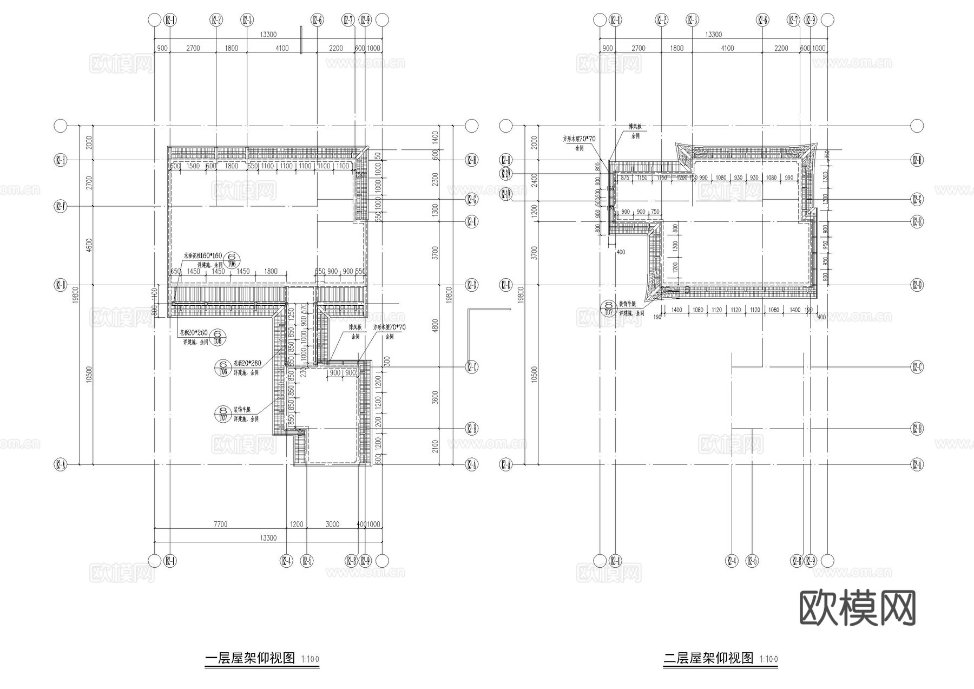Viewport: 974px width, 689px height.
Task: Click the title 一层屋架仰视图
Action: (x=250, y=658)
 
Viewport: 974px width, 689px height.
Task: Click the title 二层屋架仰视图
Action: (x=708, y=658)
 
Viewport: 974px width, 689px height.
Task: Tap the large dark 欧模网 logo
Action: (x=857, y=608)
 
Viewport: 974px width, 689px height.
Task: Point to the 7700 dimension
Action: (x=220, y=524)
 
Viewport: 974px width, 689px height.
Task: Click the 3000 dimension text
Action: (x=332, y=524)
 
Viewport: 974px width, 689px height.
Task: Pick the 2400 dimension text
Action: (x=534, y=180)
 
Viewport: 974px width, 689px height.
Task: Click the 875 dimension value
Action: (x=625, y=178)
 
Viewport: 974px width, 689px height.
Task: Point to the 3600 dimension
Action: (x=436, y=398)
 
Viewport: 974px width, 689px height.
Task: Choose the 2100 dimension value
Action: (x=436, y=447)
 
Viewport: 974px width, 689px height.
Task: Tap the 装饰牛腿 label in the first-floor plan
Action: (x=242, y=409)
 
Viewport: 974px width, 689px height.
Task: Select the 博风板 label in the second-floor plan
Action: (x=635, y=127)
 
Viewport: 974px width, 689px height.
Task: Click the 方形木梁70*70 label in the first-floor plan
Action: (x=389, y=327)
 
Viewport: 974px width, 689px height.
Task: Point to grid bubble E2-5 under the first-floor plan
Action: (x=307, y=561)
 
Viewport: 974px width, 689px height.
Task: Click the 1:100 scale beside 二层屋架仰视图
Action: (x=768, y=659)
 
